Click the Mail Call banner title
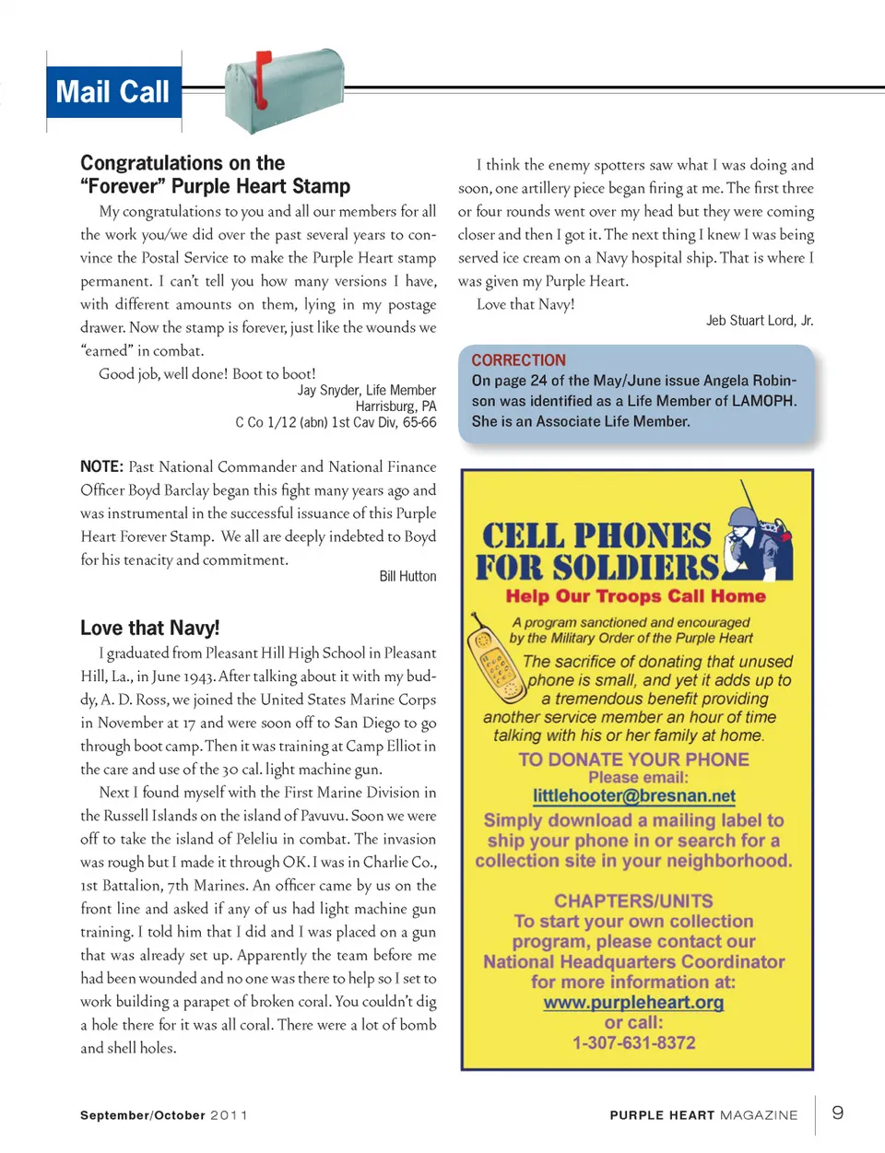pyautogui.click(x=112, y=92)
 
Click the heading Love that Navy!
pyautogui.click(x=150, y=628)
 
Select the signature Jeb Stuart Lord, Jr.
pyautogui.click(x=760, y=321)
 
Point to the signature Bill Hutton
pyautogui.click(x=407, y=576)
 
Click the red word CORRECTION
pyautogui.click(x=518, y=360)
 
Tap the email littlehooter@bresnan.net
pyautogui.click(x=633, y=795)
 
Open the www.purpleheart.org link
pyautogui.click(x=633, y=1002)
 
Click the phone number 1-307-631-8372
pyautogui.click(x=633, y=1042)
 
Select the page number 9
pyautogui.click(x=837, y=1112)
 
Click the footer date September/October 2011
pyautogui.click(x=164, y=1115)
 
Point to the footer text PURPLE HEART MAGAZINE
pyautogui.click(x=703, y=1115)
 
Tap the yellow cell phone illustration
pyautogui.click(x=495, y=660)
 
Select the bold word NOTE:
pyautogui.click(x=101, y=467)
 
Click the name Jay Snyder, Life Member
pyautogui.click(x=366, y=390)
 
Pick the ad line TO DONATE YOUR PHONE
pyautogui.click(x=633, y=759)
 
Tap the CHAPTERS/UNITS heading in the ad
pyautogui.click(x=633, y=900)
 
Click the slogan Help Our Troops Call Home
pyautogui.click(x=635, y=596)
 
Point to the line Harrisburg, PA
pyautogui.click(x=395, y=406)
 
